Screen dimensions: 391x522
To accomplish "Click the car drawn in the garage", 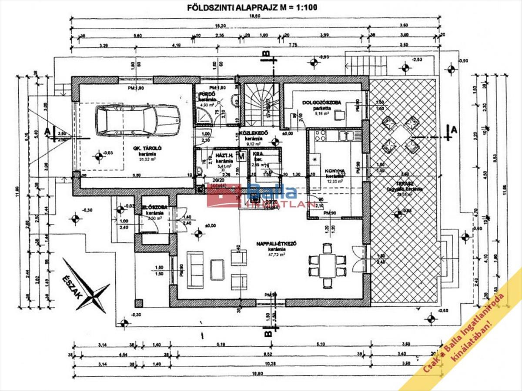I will [137, 120].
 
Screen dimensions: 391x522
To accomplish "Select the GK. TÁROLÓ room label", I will [149, 148].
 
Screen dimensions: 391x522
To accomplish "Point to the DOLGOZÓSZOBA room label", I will [322, 103].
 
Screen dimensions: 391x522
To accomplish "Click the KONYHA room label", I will [335, 171].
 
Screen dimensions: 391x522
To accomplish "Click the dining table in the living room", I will [327, 265].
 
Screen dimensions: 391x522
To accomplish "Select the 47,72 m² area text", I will [276, 255].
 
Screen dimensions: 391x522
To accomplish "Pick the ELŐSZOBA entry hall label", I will [153, 207].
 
